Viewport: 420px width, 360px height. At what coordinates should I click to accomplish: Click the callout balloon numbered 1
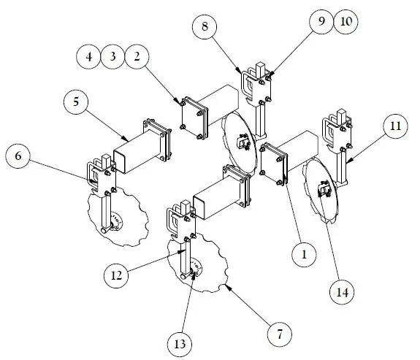click(303, 255)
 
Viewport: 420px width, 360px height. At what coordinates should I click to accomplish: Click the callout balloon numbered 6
click(19, 156)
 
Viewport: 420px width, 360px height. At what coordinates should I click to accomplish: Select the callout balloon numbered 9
click(322, 22)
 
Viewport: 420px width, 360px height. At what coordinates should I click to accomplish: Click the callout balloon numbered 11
click(394, 126)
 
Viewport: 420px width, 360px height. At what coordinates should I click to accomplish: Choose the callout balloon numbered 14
click(342, 291)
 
